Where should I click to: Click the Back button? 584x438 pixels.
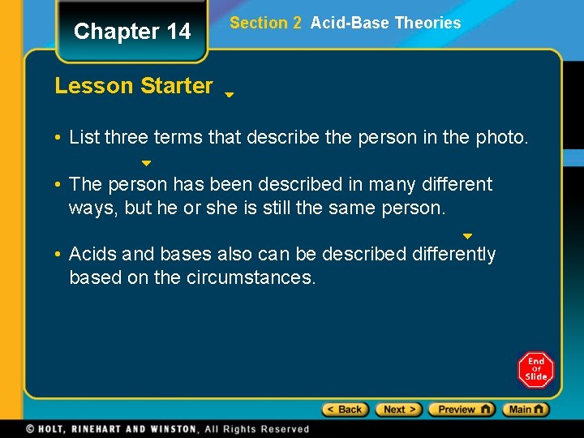click(346, 410)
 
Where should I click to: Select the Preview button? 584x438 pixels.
click(462, 410)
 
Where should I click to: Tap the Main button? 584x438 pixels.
click(526, 410)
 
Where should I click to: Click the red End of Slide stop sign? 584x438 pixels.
click(535, 370)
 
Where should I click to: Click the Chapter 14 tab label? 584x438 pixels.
click(132, 32)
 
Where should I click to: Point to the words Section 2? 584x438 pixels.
click(265, 24)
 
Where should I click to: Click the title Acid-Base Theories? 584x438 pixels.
click(385, 24)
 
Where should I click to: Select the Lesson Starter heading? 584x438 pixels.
click(134, 86)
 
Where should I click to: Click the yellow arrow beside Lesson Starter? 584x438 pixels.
click(230, 95)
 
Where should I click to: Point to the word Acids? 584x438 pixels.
click(93, 255)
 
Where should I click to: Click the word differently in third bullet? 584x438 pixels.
click(453, 255)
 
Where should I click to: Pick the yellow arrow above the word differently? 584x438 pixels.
click(467, 237)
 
